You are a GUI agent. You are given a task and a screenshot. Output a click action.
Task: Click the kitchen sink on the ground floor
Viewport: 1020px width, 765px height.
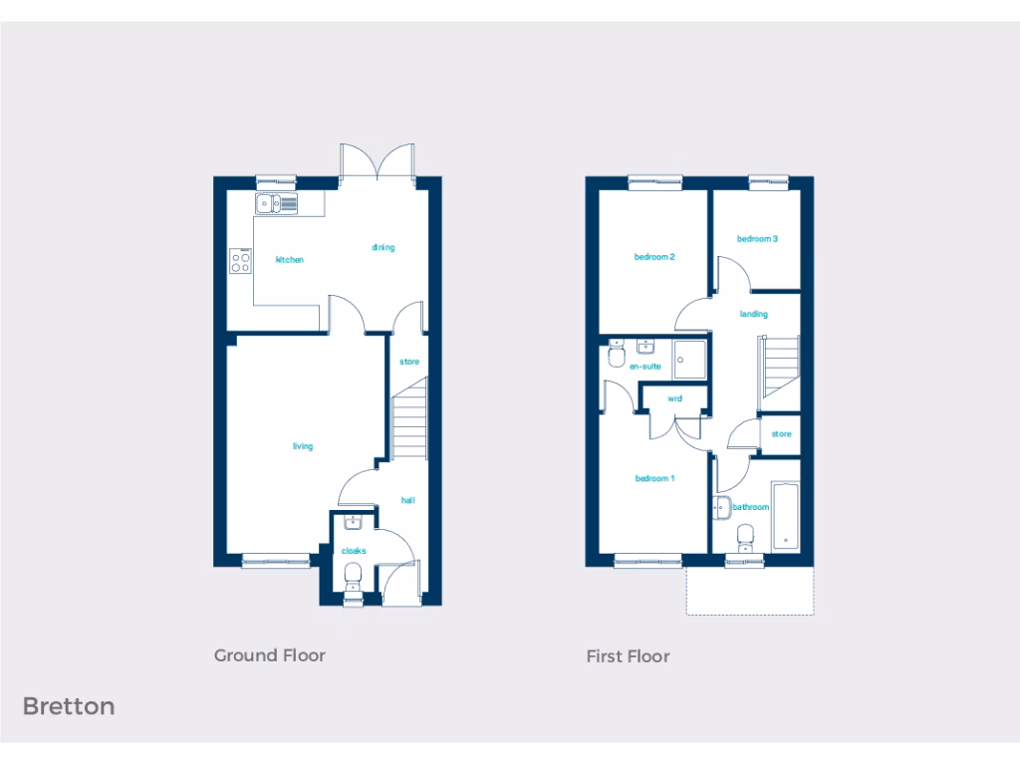point(276,205)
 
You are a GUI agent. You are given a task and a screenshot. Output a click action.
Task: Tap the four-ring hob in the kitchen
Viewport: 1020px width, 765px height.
point(241,261)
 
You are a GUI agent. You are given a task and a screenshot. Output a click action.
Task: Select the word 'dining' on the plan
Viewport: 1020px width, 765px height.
point(383,247)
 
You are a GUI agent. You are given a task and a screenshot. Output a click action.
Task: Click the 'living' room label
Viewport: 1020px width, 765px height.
point(303,446)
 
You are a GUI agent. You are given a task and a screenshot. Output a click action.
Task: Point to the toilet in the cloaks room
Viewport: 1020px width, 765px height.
point(351,577)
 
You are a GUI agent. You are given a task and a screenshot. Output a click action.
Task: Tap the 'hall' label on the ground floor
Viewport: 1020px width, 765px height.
point(408,500)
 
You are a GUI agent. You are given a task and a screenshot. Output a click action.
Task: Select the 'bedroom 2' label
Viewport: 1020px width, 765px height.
point(655,257)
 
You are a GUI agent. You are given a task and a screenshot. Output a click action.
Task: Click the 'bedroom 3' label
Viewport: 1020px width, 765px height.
point(757,239)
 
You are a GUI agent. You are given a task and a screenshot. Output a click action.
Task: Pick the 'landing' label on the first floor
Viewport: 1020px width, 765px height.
point(754,315)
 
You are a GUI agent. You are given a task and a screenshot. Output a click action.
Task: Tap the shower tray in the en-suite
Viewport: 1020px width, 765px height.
point(688,360)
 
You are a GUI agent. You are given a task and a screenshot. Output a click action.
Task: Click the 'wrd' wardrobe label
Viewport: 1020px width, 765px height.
point(674,398)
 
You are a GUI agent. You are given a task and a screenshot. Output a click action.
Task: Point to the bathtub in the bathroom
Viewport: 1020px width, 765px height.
point(785,514)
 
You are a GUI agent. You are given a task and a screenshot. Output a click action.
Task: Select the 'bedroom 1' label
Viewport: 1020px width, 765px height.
point(655,479)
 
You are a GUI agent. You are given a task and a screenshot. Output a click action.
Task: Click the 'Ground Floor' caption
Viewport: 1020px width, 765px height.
point(270,655)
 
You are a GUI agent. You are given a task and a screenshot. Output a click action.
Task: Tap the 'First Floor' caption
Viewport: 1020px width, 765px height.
point(628,656)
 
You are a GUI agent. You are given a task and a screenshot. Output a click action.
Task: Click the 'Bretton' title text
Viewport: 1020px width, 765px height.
point(69,706)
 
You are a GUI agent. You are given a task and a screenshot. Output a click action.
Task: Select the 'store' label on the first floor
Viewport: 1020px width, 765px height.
point(781,434)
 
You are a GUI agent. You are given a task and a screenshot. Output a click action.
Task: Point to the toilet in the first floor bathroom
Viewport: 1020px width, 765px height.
point(745,538)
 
